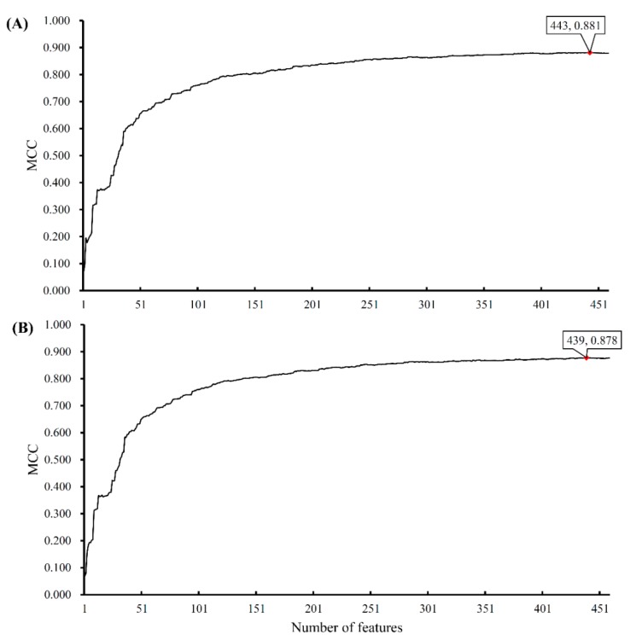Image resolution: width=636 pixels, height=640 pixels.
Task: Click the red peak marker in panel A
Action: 590,53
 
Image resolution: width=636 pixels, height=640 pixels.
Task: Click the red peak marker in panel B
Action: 586,358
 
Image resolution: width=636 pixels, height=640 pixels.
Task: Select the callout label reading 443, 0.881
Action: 575,26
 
